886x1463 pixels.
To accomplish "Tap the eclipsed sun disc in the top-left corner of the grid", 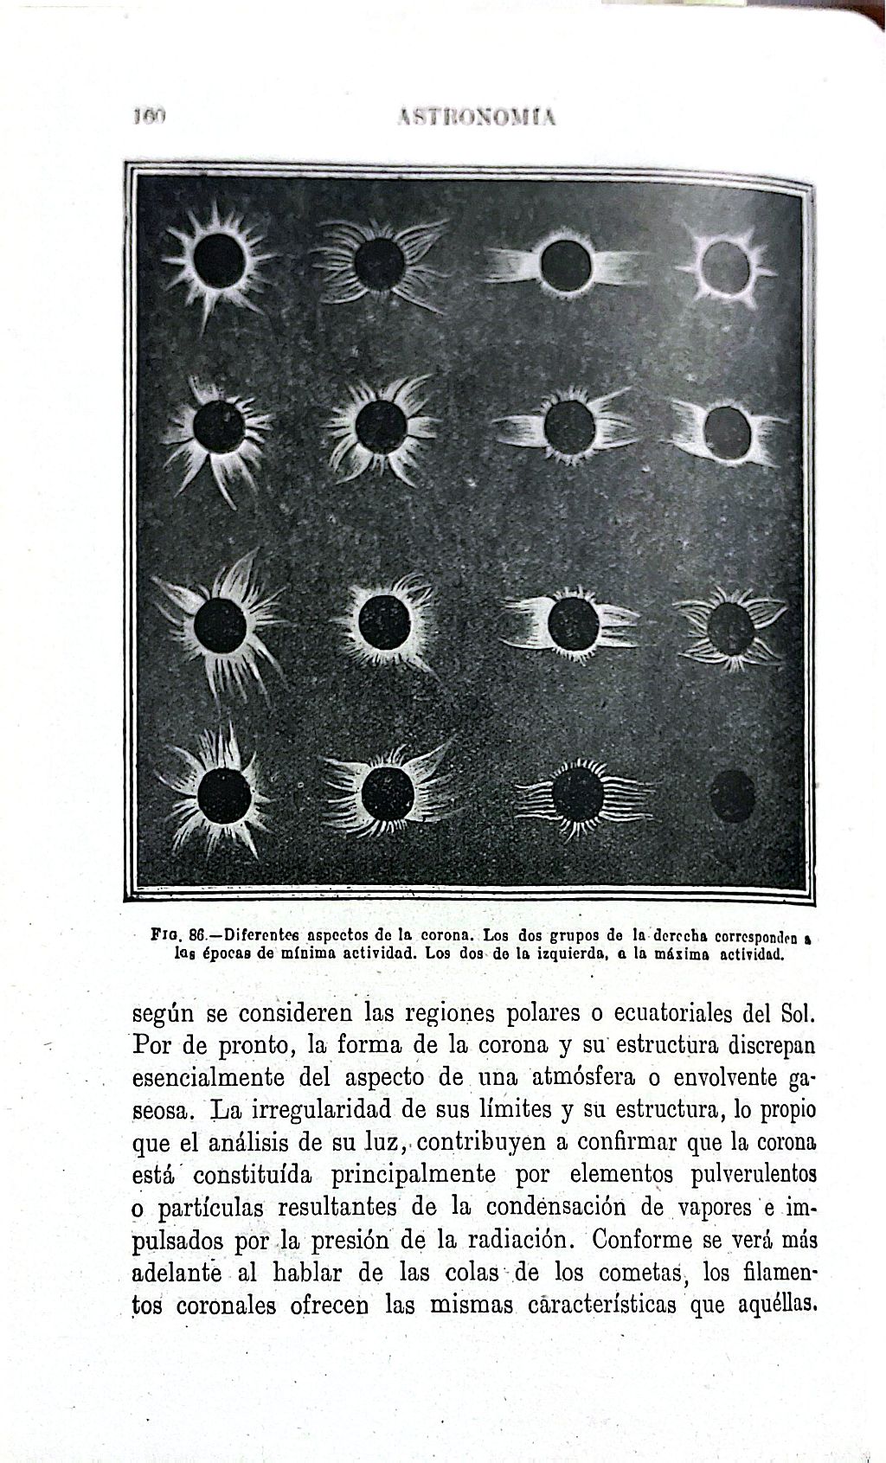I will tap(219, 261).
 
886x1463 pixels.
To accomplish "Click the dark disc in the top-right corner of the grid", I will tap(726, 266).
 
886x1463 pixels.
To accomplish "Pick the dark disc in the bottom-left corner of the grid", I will tap(223, 794).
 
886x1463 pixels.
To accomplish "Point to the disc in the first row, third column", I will tap(565, 265).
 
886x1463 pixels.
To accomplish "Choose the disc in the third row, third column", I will tap(574, 623).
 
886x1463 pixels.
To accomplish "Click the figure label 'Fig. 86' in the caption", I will tap(177, 935).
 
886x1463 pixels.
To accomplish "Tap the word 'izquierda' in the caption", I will tap(565, 955).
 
